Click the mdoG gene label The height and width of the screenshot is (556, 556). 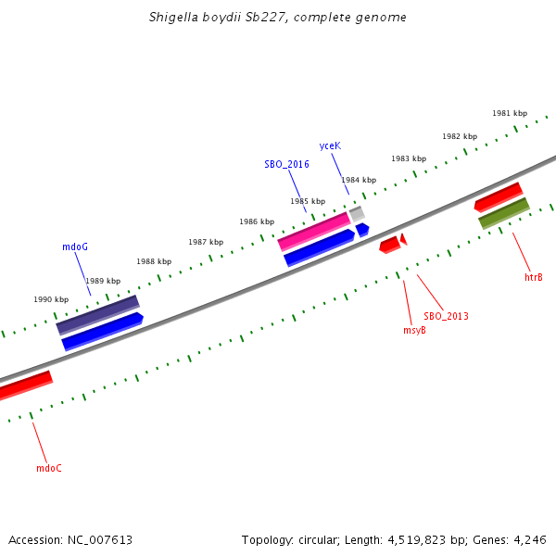[75, 246]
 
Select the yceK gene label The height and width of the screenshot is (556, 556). [330, 145]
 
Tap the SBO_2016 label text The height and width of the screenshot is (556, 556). [286, 164]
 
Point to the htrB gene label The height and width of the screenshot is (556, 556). [534, 277]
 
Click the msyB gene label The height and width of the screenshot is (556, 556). [414, 330]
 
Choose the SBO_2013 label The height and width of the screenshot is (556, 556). [446, 316]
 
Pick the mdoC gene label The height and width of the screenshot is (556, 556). [49, 468]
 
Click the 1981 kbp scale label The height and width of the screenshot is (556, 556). [510, 113]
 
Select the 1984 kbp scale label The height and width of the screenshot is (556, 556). [359, 180]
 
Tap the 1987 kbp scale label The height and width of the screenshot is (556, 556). [206, 242]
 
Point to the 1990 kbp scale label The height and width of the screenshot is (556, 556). [51, 299]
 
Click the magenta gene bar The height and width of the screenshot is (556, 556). [314, 231]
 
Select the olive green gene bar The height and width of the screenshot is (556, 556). [503, 213]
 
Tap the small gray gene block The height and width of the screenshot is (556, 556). [357, 214]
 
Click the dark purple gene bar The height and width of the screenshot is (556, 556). [97, 315]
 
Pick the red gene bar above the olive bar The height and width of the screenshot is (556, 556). [498, 196]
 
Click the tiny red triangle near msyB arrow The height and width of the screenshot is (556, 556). [403, 239]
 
